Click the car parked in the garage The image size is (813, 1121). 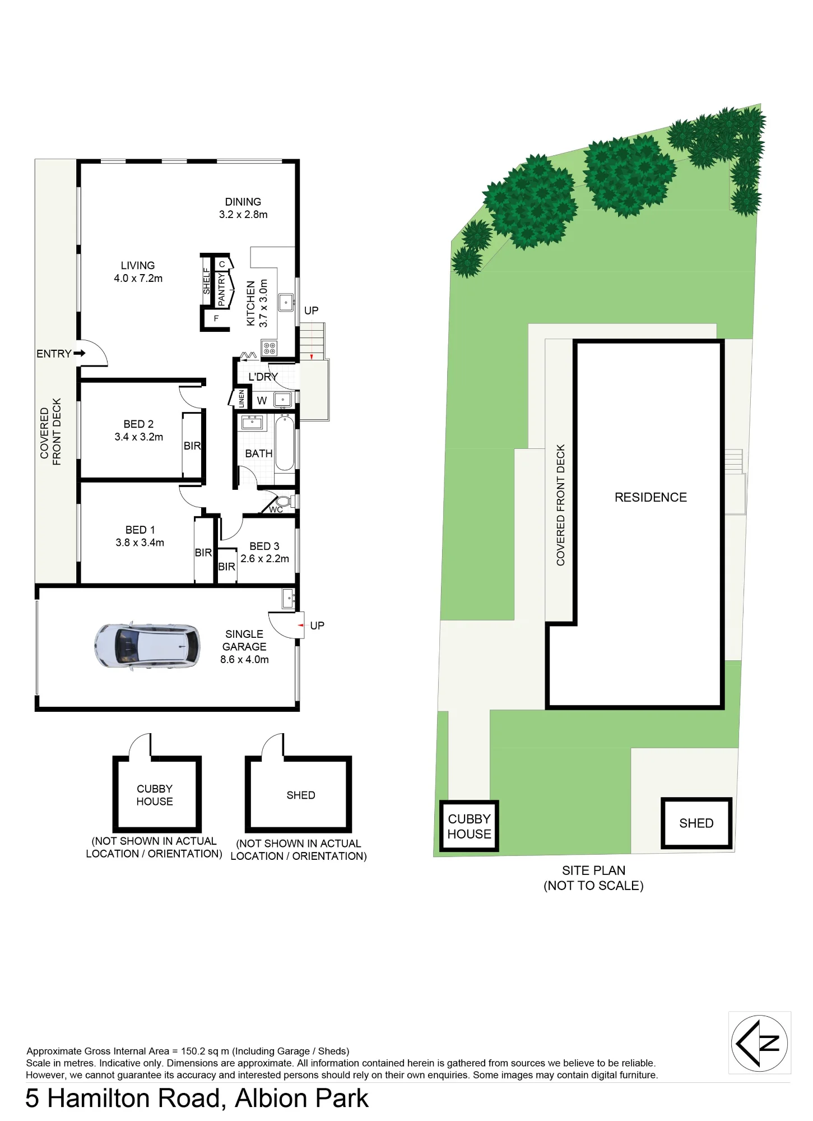(x=147, y=646)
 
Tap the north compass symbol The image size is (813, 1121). (x=759, y=1043)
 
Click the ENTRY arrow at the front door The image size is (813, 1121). (x=79, y=353)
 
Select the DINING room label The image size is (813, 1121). (x=243, y=202)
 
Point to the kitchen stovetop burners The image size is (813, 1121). (x=269, y=348)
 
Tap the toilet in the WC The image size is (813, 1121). (x=284, y=501)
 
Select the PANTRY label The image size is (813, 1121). (x=221, y=290)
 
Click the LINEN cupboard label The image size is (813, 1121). (x=241, y=399)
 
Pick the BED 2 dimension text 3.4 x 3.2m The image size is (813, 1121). (x=139, y=437)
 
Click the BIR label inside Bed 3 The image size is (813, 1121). (x=226, y=567)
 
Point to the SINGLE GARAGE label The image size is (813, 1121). (x=244, y=640)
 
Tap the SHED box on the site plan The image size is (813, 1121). (x=696, y=823)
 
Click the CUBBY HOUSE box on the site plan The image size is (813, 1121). (x=469, y=826)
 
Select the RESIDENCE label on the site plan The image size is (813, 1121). (x=651, y=497)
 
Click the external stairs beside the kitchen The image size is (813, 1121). (x=312, y=341)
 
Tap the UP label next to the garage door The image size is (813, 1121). (x=317, y=626)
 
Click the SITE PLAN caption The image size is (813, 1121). (x=594, y=870)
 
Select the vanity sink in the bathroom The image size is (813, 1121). (x=252, y=422)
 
